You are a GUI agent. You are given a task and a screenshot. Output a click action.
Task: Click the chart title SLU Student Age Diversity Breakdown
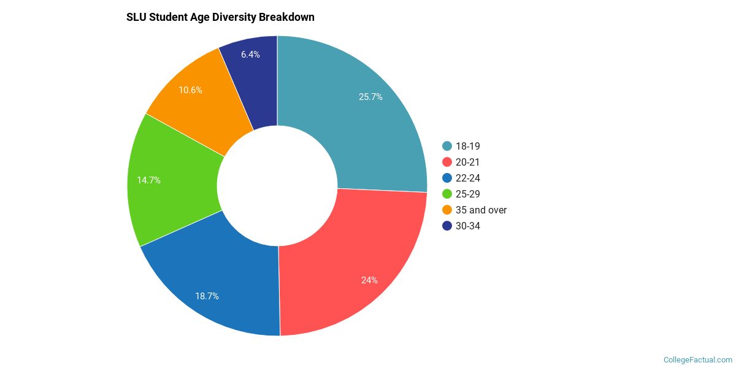tap(220, 17)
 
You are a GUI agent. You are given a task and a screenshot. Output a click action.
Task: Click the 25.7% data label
tap(370, 96)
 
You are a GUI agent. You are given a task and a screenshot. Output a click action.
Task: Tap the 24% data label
tap(369, 280)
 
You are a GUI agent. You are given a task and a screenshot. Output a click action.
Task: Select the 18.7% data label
tap(207, 296)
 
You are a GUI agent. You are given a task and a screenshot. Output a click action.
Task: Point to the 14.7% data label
tap(148, 180)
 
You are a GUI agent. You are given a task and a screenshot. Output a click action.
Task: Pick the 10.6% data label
tap(190, 90)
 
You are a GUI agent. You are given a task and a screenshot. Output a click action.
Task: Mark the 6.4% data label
tap(250, 55)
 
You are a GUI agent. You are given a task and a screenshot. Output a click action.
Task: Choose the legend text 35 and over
tap(481, 210)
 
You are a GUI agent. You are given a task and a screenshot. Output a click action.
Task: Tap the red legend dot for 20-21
tap(447, 162)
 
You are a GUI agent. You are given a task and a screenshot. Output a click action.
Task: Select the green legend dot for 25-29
tap(447, 194)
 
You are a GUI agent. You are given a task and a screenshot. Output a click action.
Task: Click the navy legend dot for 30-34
tap(447, 226)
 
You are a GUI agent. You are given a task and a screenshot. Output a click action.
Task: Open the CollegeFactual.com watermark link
tap(697, 360)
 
